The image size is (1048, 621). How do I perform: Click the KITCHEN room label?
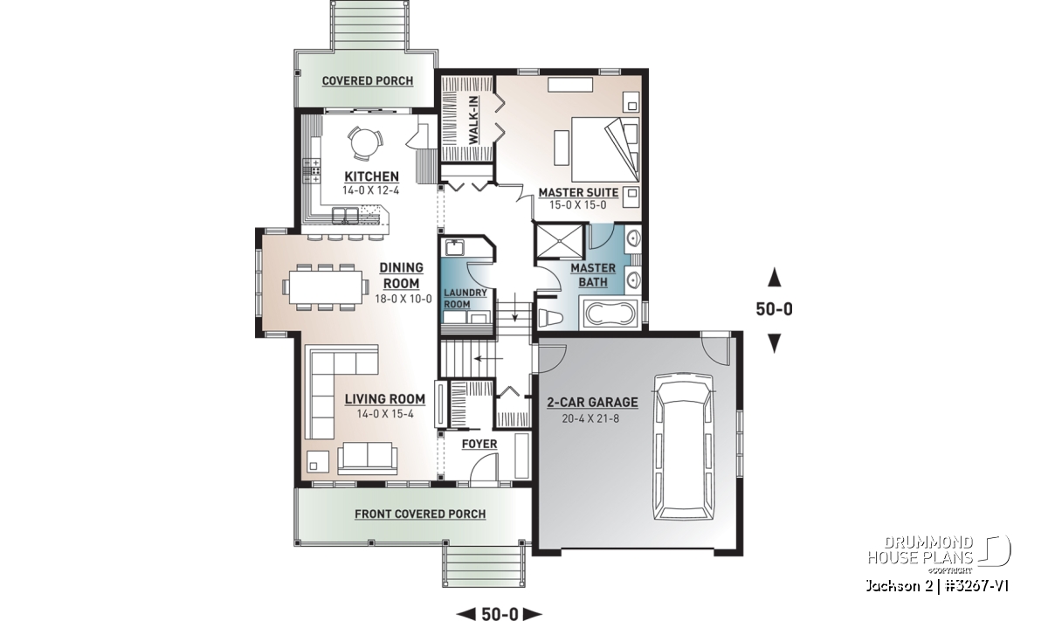pyautogui.click(x=371, y=177)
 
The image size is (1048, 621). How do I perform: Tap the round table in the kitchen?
pyautogui.click(x=365, y=142)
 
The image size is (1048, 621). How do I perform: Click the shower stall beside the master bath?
pyautogui.click(x=559, y=241)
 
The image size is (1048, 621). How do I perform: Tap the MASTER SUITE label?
pyautogui.click(x=578, y=193)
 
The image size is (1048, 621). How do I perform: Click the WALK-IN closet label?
pyautogui.click(x=473, y=120)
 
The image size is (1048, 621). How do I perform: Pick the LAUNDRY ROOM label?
pyautogui.click(x=465, y=299)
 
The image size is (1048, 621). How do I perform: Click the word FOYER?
pyautogui.click(x=479, y=444)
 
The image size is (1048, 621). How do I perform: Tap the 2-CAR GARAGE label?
pyautogui.click(x=592, y=403)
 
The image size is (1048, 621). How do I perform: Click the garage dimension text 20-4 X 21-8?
pyautogui.click(x=590, y=418)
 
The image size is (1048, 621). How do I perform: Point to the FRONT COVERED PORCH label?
pyautogui.click(x=420, y=514)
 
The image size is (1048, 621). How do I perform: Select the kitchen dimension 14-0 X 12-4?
pyautogui.click(x=370, y=190)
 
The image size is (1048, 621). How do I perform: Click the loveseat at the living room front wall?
pyautogui.click(x=368, y=457)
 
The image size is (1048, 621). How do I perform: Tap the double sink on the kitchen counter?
pyautogui.click(x=345, y=216)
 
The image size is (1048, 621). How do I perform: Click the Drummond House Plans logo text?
pyautogui.click(x=920, y=550)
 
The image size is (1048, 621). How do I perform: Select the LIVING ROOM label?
pyautogui.click(x=384, y=399)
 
